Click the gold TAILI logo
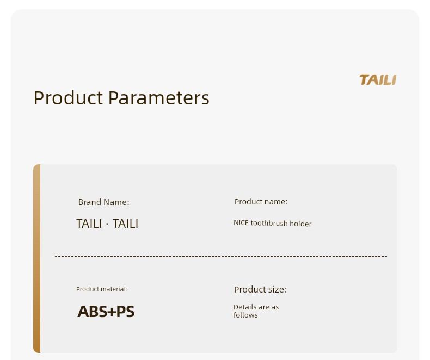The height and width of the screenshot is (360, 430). [x=378, y=80]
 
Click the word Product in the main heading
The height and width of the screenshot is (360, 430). [x=68, y=98]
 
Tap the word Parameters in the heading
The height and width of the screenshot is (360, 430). [x=159, y=98]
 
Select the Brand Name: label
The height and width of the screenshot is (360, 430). [x=103, y=202]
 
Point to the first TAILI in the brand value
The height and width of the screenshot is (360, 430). [x=89, y=224]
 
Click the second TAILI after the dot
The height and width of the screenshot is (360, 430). [x=125, y=224]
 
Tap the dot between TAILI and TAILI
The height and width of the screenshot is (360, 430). [x=107, y=224]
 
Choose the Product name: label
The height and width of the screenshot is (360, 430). [x=261, y=202]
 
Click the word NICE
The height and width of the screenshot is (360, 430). [x=241, y=223]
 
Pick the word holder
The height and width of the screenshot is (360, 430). [x=300, y=224]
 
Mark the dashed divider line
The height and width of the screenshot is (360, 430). [x=221, y=256]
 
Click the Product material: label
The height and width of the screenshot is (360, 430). [x=102, y=289]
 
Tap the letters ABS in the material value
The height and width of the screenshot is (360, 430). [x=92, y=312]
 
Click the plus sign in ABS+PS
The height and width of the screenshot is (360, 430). [x=112, y=312]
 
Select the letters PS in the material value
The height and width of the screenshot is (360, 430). [x=126, y=312]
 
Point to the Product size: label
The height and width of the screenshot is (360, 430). [x=261, y=290]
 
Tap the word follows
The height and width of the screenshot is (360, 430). [x=245, y=315]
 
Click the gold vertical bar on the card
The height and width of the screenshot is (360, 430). [x=37, y=258]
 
